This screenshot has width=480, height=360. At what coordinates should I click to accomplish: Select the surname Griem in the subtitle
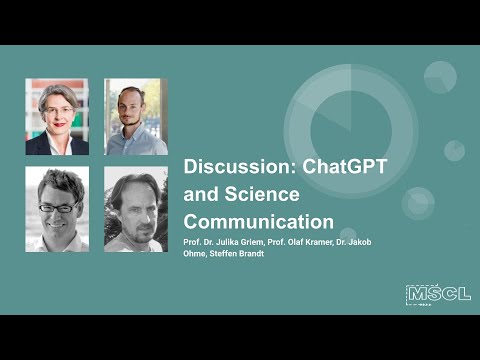pyautogui.click(x=258, y=240)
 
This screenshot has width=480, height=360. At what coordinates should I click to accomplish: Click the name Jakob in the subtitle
pyautogui.click(x=362, y=240)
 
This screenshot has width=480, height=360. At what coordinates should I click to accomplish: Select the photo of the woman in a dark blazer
pyautogui.click(x=57, y=117)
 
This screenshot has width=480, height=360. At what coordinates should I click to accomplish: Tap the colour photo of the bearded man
pyautogui.click(x=136, y=117)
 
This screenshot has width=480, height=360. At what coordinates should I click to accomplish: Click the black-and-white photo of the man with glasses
pyautogui.click(x=57, y=209)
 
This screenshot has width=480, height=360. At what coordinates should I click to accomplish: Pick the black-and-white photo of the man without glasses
pyautogui.click(x=136, y=209)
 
